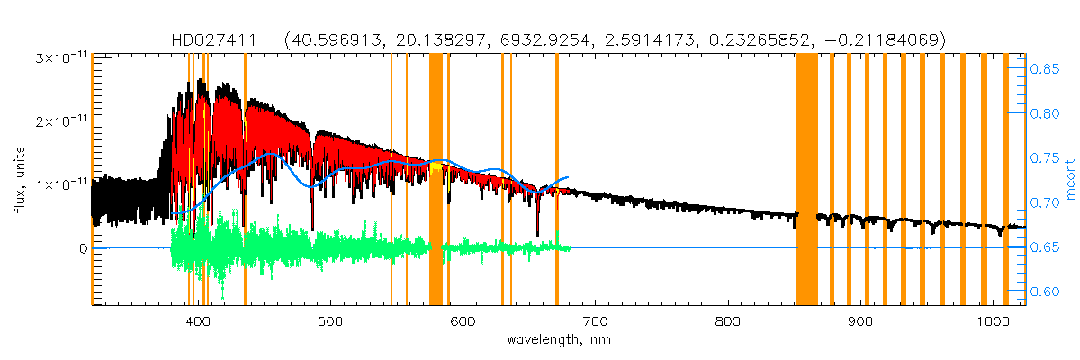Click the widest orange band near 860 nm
[806, 180]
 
